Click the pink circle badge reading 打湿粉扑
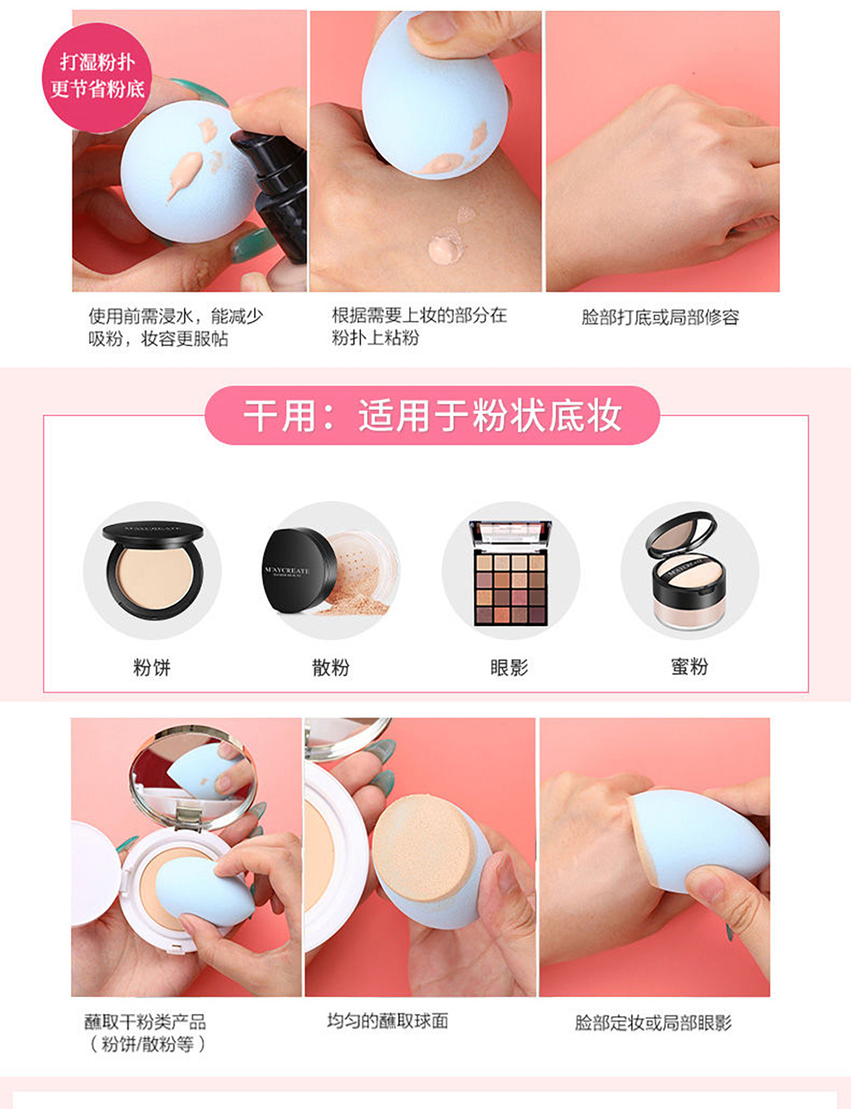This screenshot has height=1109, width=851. point(97,77)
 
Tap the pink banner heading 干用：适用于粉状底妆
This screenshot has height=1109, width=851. point(432,416)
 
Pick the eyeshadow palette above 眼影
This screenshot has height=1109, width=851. point(511,573)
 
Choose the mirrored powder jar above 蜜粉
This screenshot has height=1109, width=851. point(687,570)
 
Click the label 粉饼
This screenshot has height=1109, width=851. point(152,667)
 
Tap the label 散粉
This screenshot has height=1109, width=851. point(330,667)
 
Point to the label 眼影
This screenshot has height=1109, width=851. point(508,667)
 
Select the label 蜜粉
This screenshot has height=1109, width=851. point(689,666)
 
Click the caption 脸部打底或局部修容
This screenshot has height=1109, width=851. point(660,317)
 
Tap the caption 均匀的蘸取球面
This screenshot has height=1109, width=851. point(387,1021)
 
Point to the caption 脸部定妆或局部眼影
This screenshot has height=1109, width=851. point(652,1022)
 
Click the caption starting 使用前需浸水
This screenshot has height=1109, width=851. point(175,327)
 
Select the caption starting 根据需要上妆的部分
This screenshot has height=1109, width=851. point(419,326)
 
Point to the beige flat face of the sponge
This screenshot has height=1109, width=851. point(421,847)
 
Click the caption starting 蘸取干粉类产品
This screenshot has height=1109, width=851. point(145,1033)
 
